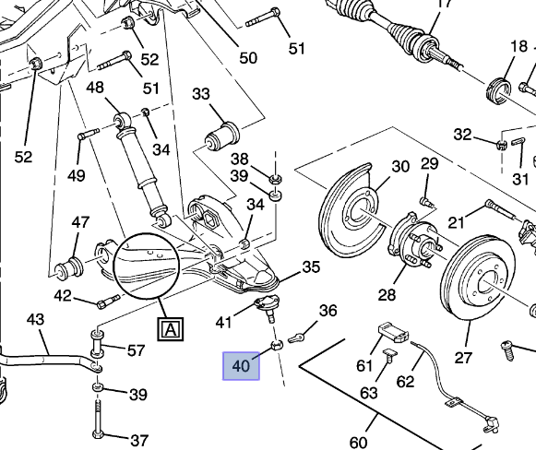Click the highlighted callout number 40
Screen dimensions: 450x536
(241, 366)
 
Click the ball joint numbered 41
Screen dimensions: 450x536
(265, 307)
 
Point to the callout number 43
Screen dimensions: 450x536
(35, 320)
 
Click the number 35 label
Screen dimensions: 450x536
(311, 267)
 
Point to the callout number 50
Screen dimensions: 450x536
(248, 58)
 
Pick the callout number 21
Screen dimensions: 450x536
(455, 221)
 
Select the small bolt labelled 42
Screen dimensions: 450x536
(104, 301)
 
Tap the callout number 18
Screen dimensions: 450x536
(518, 48)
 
